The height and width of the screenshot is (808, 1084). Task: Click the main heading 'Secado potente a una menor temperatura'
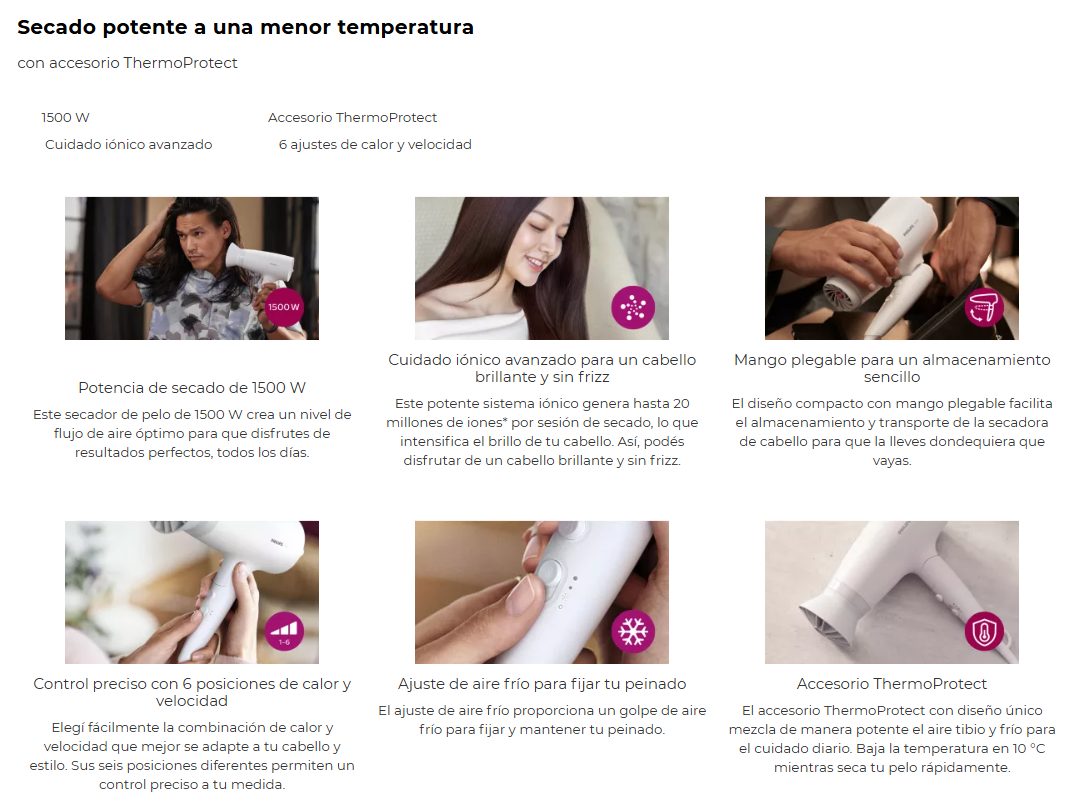[x=245, y=28]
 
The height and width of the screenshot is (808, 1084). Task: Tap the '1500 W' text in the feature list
[x=65, y=118]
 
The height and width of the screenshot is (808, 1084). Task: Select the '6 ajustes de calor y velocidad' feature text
[x=375, y=144]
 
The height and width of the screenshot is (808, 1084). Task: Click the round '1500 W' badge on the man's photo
[x=283, y=307]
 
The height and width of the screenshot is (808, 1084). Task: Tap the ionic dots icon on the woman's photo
[x=633, y=307]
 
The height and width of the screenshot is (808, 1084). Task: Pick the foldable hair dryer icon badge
[x=984, y=307]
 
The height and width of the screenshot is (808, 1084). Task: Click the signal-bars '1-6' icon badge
[x=284, y=632]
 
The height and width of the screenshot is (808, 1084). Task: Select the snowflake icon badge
[x=633, y=632]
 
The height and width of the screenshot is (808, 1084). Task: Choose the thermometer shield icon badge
[x=984, y=631]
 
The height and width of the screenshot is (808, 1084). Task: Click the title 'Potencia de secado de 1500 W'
[x=192, y=388]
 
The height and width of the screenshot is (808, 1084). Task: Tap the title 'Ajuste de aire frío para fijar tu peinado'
[x=542, y=684]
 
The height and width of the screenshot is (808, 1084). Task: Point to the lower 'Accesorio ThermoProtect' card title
[x=892, y=684]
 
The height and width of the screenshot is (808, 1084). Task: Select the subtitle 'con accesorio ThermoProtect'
[x=127, y=63]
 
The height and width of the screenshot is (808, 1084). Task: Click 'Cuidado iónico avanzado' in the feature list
[x=129, y=144]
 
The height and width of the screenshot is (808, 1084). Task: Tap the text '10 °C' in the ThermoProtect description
[x=1029, y=749]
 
